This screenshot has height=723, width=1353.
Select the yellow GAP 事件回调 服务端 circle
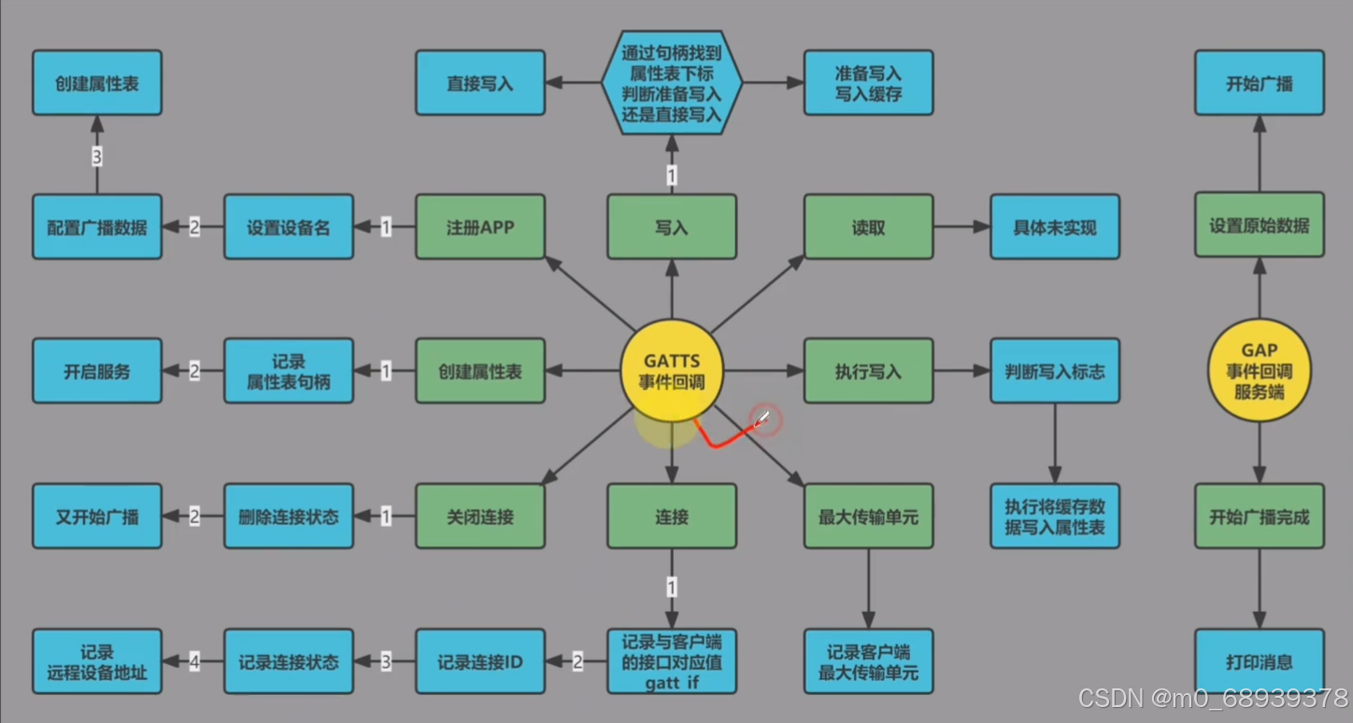tap(1259, 372)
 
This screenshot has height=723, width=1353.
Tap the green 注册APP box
tap(480, 227)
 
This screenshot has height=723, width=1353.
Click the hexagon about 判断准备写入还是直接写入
tap(671, 83)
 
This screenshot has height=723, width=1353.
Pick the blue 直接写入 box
tap(480, 83)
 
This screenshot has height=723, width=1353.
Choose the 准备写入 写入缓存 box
tap(868, 83)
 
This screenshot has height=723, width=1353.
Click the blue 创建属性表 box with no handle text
tap(97, 83)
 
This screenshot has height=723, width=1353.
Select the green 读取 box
tap(868, 227)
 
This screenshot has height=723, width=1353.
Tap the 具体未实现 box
tap(1054, 227)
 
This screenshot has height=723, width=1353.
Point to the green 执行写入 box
tap(868, 372)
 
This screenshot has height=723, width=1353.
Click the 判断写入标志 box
tap(1054, 372)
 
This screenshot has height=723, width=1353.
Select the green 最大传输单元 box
tap(868, 517)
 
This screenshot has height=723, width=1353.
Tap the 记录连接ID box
tap(480, 662)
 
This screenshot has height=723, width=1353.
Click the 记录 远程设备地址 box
tap(97, 662)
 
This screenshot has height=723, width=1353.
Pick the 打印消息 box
tap(1259, 662)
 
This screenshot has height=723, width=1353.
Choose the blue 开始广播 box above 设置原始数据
tap(1259, 83)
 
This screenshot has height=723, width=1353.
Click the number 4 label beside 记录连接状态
tap(194, 662)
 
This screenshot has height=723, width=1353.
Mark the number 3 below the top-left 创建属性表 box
tap(97, 156)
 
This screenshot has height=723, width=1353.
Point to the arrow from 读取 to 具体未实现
tap(961, 227)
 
